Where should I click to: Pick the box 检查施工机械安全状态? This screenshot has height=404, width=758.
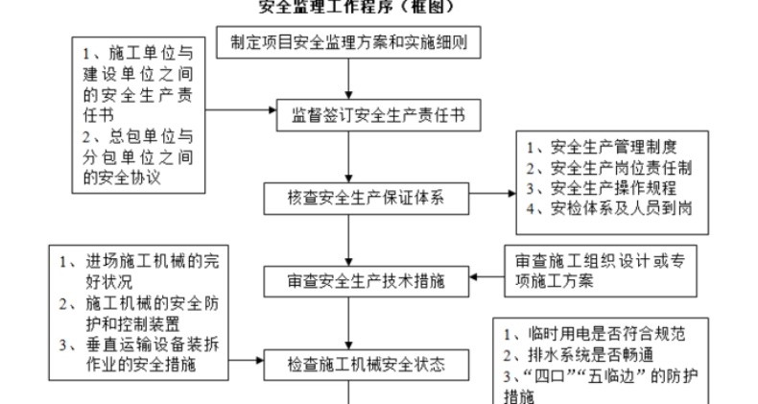pos(366,364)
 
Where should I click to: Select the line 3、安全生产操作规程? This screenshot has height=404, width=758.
pos(602,187)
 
